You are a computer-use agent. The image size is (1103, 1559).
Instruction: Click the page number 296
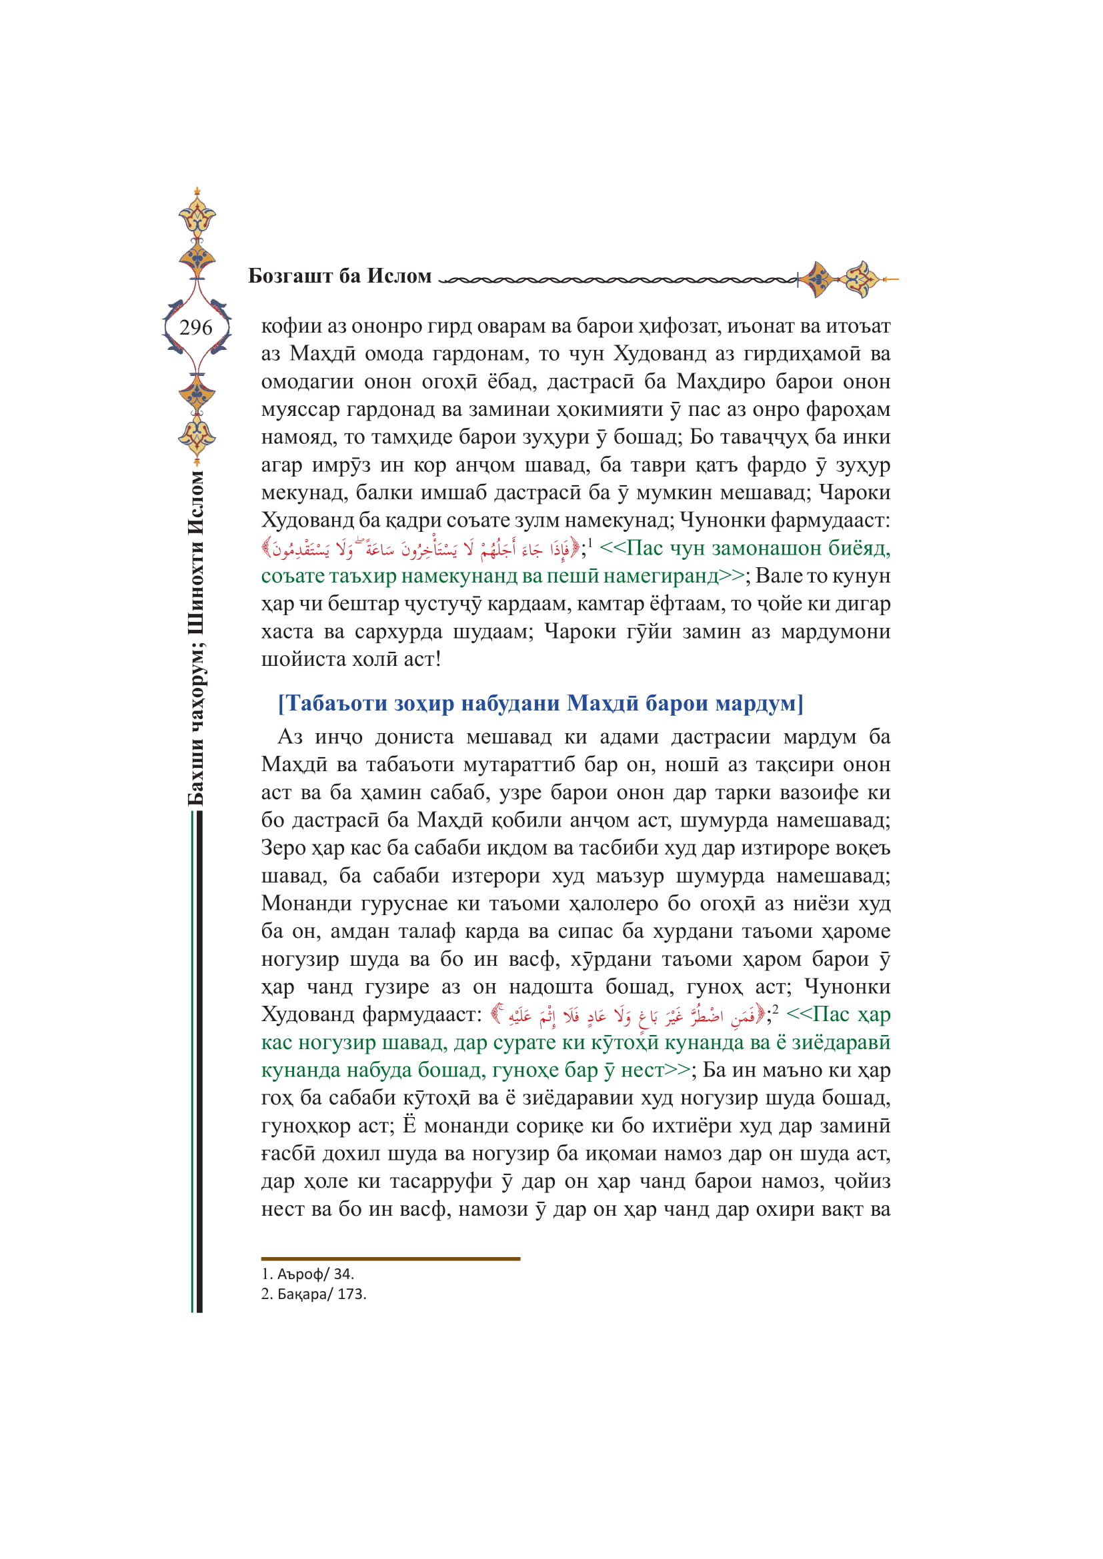pos(195,328)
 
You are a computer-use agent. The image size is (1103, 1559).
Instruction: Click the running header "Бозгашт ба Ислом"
pos(339,276)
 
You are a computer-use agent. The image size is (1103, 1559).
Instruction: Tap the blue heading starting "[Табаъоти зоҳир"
pos(540,703)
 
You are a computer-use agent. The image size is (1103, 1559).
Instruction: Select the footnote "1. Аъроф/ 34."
pos(307,1274)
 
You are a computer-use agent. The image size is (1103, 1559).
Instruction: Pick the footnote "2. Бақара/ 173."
pos(314,1294)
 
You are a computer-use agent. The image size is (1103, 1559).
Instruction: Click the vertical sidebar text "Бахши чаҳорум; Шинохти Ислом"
pos(195,638)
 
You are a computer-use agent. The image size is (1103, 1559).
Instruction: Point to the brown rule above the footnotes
pos(391,1259)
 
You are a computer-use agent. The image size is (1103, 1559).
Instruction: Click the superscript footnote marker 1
pos(590,543)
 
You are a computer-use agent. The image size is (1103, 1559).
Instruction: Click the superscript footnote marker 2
pos(776,1009)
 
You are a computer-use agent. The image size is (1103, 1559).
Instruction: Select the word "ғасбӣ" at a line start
pos(287,1154)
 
